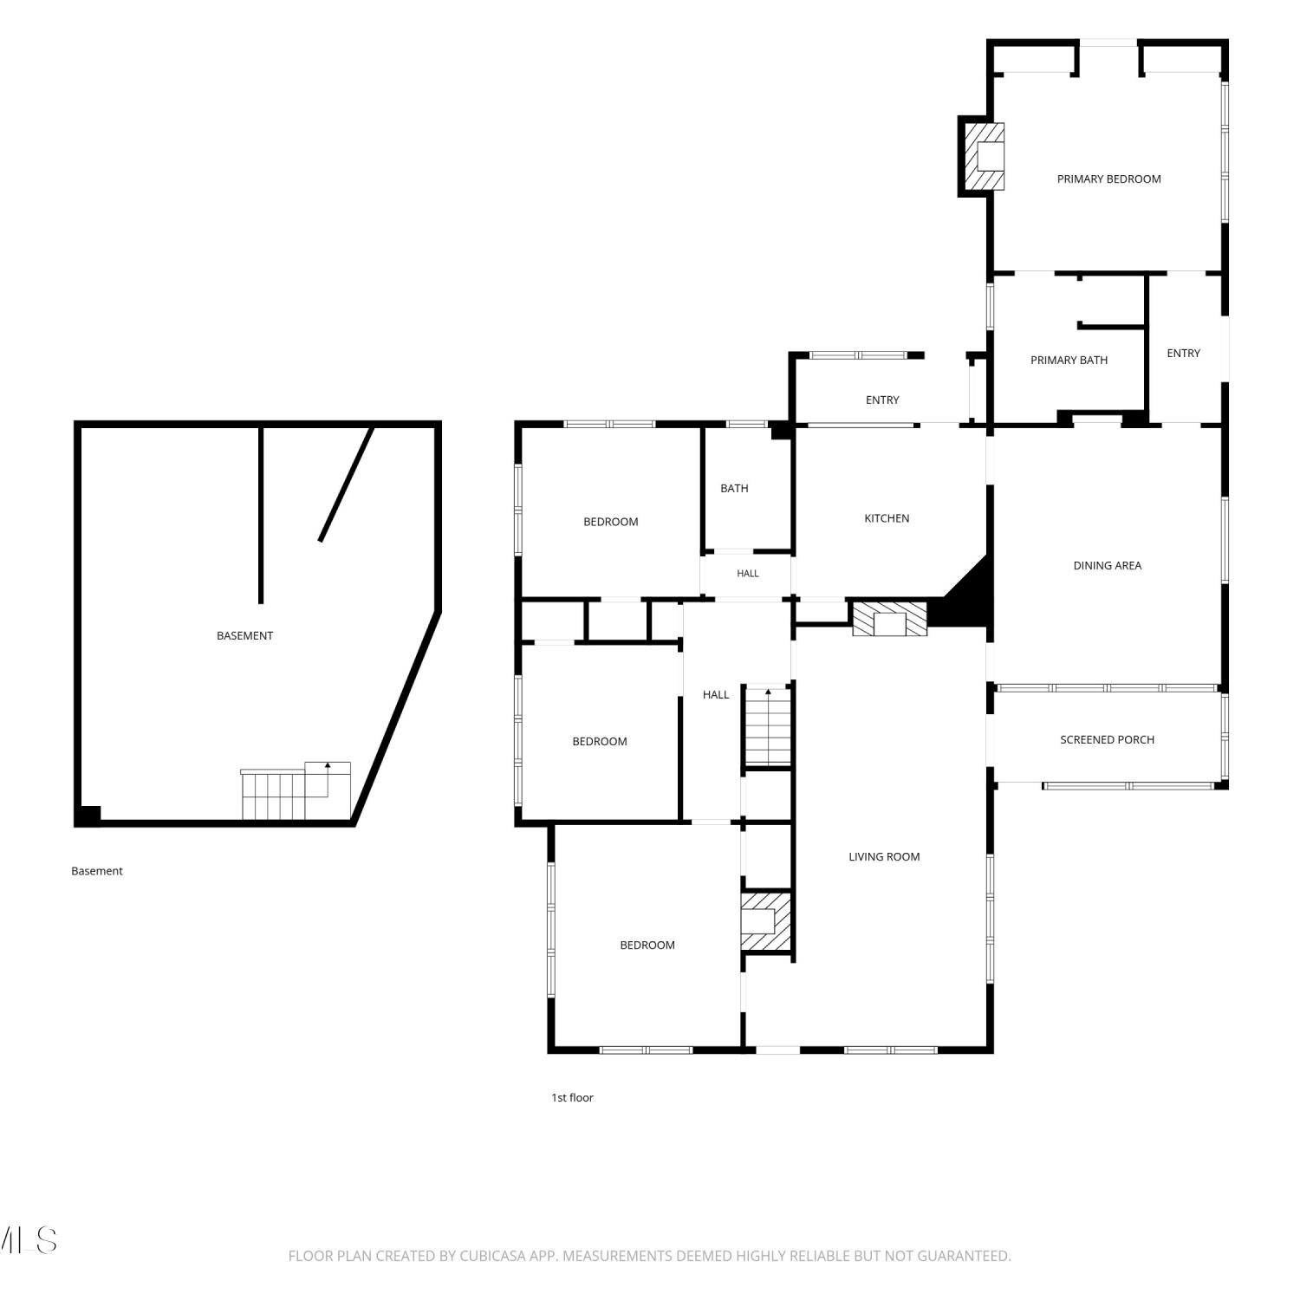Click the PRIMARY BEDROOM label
point(1108,179)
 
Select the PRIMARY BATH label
point(1069,361)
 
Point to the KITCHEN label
point(887,518)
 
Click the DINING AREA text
point(1107,566)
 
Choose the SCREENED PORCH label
point(1107,740)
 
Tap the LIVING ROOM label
point(884,857)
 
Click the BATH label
point(734,489)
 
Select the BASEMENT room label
point(244,636)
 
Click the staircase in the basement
point(296,791)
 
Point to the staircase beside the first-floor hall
point(768,726)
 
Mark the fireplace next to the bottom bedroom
point(766,921)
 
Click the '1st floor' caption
point(572,1098)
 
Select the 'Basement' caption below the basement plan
point(97,872)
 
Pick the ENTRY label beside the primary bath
point(1183,354)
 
